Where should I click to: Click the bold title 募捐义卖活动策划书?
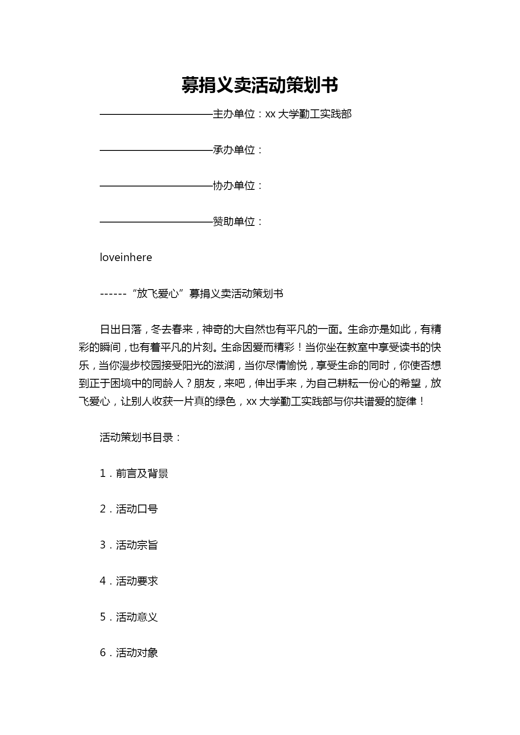[x=260, y=85]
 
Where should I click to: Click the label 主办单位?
[x=234, y=114]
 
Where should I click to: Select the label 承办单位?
[x=234, y=150]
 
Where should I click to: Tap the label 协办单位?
[x=234, y=186]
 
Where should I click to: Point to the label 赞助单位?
[x=234, y=222]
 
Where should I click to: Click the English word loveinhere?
[x=126, y=257]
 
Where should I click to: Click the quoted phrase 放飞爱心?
[x=158, y=293]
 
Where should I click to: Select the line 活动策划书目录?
[x=141, y=437]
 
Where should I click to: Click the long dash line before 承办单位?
[x=156, y=150]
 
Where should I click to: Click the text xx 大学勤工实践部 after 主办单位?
[x=308, y=114]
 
